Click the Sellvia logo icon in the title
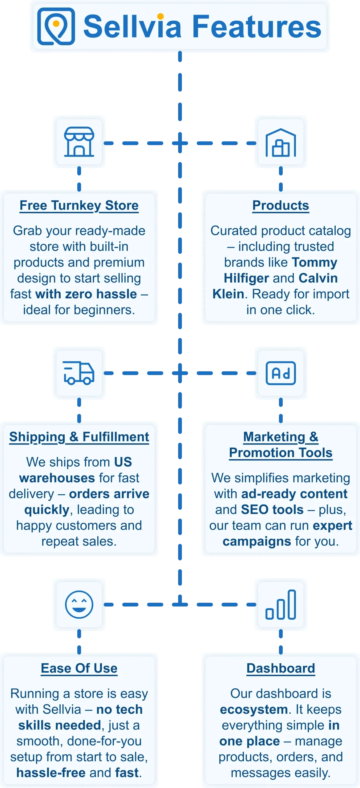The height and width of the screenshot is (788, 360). point(56,26)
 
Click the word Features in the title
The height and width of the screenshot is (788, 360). point(257,26)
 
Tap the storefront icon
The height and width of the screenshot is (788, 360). point(79,142)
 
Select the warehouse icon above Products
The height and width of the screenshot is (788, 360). point(281,143)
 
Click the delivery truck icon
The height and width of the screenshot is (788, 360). point(79,373)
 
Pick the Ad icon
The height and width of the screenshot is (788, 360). point(281,373)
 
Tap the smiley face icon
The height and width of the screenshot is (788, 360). point(79,605)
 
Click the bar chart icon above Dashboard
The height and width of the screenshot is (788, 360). point(281,605)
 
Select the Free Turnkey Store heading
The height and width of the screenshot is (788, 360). point(79,206)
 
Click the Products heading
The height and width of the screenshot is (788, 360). point(281,206)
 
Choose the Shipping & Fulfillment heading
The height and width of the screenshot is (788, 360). point(79,437)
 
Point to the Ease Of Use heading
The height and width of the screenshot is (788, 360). point(79,669)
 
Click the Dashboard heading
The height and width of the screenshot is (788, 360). point(281,669)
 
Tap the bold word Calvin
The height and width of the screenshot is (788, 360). point(318,278)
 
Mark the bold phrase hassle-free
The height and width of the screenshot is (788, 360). point(51,773)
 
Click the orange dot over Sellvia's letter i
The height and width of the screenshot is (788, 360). point(160,16)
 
